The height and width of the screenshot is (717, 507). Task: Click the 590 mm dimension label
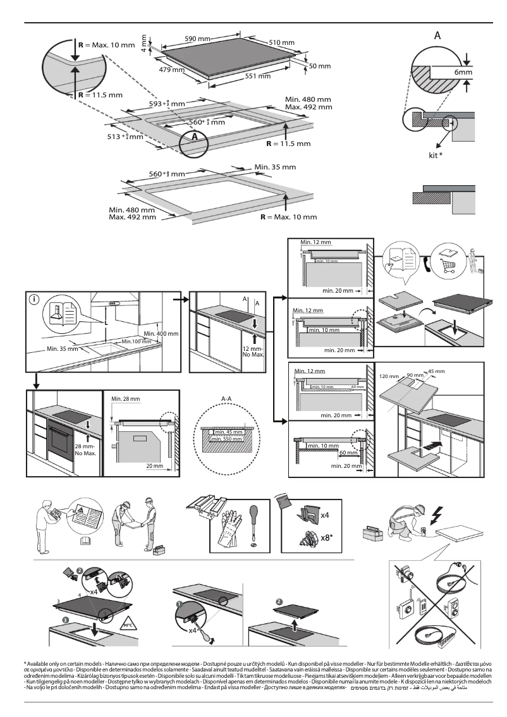point(198,39)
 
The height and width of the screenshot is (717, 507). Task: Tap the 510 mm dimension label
point(282,42)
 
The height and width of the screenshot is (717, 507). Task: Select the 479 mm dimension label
point(171,70)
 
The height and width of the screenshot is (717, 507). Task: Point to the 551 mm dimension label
point(257,77)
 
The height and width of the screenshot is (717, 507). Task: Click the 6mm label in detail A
point(463,73)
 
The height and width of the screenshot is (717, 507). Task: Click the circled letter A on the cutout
point(195,136)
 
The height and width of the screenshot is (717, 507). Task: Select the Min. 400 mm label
point(161,333)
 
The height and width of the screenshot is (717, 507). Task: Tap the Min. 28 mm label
point(125,398)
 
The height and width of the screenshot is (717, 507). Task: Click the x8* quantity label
point(326,538)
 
